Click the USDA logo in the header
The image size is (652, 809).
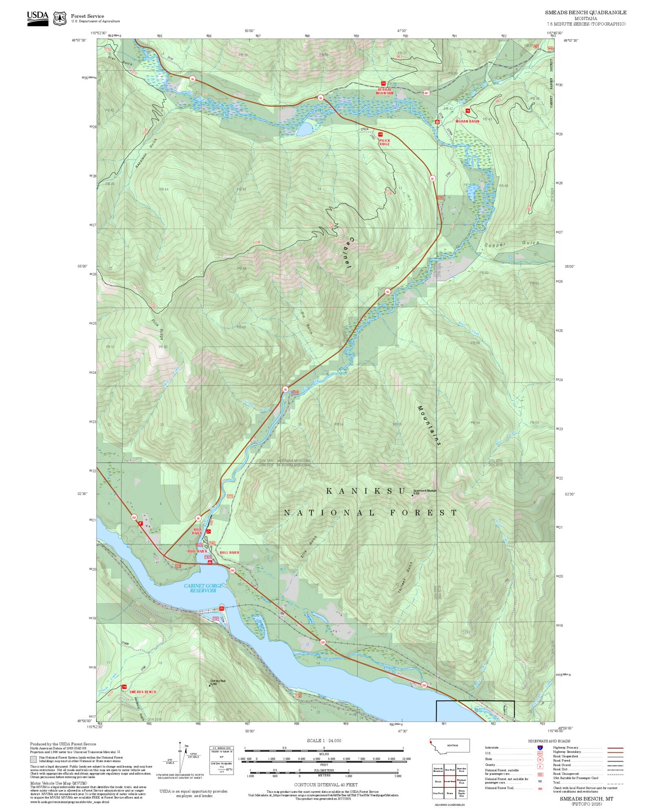(x=37, y=18)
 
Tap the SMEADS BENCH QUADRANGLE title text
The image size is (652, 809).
(x=586, y=13)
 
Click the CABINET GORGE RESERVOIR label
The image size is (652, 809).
(x=203, y=588)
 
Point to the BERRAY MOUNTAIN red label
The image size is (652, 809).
(x=385, y=91)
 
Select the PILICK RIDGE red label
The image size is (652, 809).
(x=384, y=142)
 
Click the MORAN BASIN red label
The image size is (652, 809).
(x=467, y=121)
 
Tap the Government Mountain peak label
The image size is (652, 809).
(x=425, y=491)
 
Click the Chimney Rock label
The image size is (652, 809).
(x=218, y=681)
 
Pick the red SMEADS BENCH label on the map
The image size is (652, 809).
(x=142, y=692)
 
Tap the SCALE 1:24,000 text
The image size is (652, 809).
(x=324, y=741)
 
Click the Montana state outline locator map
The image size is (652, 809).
(x=450, y=746)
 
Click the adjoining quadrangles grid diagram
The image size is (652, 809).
(x=450, y=781)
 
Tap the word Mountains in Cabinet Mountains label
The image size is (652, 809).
(x=429, y=426)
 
